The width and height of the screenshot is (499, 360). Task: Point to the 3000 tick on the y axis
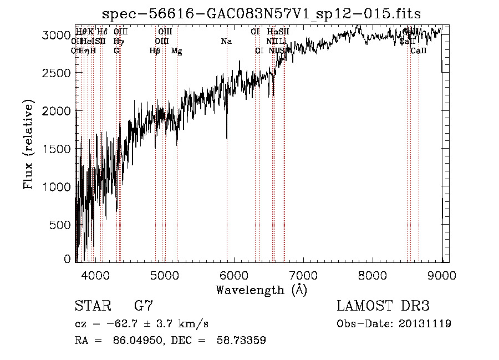click(57, 35)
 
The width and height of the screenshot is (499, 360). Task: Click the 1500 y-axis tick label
click(57, 149)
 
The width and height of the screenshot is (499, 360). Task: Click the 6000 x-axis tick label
click(234, 275)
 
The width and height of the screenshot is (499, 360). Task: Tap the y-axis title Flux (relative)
click(29, 144)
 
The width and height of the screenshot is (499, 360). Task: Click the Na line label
click(226, 41)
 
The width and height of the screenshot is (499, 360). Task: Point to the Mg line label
click(177, 51)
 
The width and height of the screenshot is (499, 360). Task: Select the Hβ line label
click(155, 51)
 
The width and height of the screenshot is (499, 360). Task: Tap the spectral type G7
click(144, 306)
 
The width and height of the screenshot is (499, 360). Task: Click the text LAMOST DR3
click(383, 306)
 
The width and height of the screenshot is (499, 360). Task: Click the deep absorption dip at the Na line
click(227, 136)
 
